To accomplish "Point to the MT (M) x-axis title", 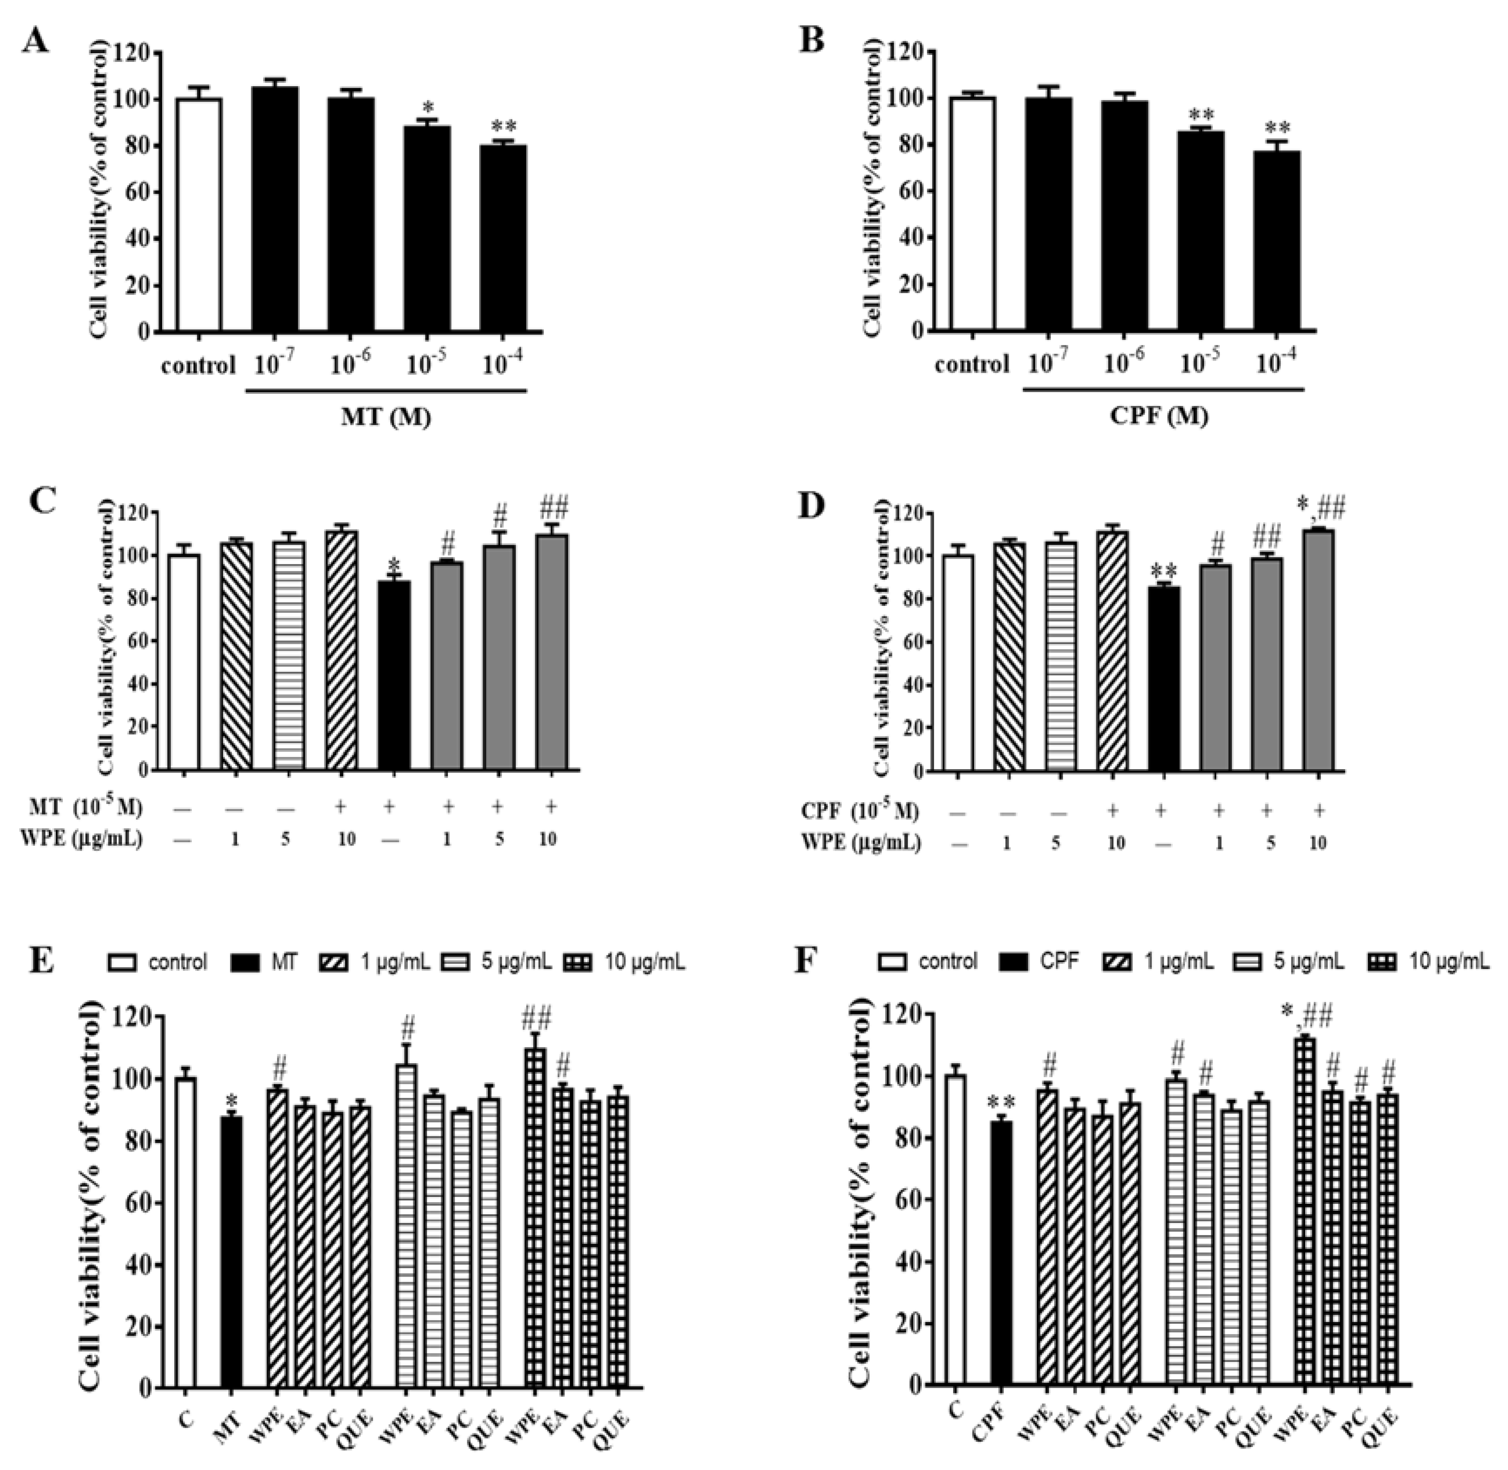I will point(386,418).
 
